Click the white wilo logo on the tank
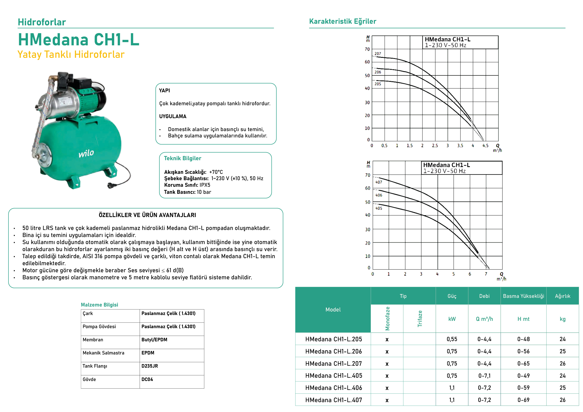coord(86,153)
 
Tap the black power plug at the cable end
coord(111,186)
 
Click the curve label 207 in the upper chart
coord(378,54)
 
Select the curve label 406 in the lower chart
coord(378,195)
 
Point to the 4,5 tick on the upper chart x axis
coord(485,146)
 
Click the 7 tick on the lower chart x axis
coord(486,274)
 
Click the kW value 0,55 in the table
coord(452,339)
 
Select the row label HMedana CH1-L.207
coord(333,364)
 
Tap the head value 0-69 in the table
coord(523,400)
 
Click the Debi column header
coord(484,296)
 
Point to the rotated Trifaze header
coord(420,319)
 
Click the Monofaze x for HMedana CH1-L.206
coord(387,352)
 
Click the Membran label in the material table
coord(93,340)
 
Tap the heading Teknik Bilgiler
coord(182,158)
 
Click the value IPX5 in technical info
coord(205,185)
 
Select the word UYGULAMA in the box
coord(173,117)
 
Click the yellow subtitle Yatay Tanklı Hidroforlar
coord(71,54)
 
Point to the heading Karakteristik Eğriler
coord(343,21)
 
